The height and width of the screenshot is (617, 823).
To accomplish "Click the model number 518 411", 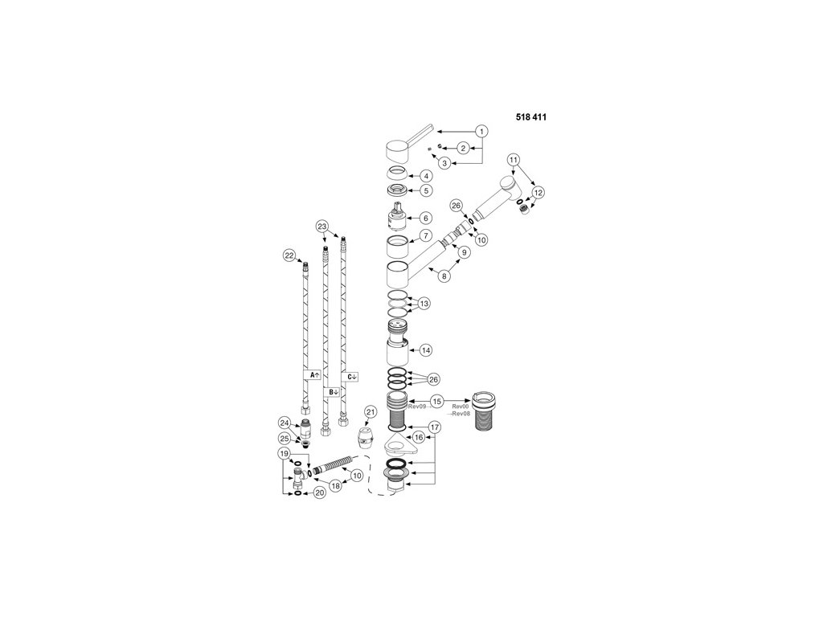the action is (x=531, y=117).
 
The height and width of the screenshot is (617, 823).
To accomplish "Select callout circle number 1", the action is (x=482, y=131).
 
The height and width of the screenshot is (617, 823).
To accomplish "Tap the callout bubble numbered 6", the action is (x=426, y=218).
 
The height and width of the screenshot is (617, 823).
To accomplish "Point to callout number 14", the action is (x=426, y=350).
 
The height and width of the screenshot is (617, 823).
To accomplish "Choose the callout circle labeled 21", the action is (x=371, y=412).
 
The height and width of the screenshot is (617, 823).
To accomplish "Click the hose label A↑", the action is (x=314, y=375).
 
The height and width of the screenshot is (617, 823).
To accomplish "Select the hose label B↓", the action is (x=333, y=391).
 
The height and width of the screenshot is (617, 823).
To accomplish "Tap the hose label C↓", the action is (x=351, y=377).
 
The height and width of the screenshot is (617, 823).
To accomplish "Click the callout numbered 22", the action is (x=289, y=255).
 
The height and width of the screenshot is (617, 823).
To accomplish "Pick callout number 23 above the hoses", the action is (x=322, y=226).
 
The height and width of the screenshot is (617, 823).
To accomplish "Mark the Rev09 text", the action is (x=417, y=407).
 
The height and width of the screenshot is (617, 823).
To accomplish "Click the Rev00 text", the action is (x=460, y=406).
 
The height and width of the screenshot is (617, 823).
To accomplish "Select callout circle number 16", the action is (x=418, y=437).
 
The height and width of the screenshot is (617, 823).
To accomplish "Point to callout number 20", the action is (x=320, y=492).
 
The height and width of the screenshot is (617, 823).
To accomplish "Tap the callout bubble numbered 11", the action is (x=514, y=160).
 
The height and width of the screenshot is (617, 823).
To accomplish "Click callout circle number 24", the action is (x=285, y=423).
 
